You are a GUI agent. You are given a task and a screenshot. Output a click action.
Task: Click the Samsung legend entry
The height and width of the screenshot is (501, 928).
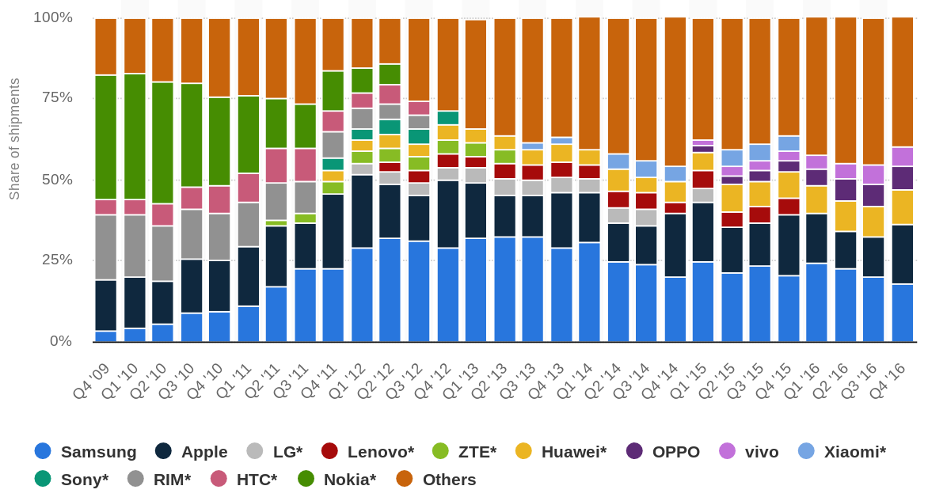coord(86,451)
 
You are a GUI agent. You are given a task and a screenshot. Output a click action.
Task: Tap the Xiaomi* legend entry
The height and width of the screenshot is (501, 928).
coord(842,451)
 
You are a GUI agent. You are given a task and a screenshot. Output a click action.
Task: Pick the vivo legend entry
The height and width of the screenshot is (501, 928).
coord(748,451)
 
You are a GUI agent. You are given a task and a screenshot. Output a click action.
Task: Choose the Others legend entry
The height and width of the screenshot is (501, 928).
coord(436,479)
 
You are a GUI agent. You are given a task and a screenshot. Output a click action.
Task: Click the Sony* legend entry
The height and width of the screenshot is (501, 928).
coord(71,479)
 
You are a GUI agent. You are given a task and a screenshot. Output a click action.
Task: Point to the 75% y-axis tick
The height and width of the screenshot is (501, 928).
coord(56,97)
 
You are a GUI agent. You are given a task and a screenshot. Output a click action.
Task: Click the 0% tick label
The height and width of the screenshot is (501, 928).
coord(61,341)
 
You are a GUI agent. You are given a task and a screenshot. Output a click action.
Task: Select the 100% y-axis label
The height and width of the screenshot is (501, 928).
coord(53,17)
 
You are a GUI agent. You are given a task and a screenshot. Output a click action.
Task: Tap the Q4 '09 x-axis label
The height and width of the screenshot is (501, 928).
coord(91,381)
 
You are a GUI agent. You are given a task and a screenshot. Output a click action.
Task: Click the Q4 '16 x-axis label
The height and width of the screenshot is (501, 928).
coord(887,381)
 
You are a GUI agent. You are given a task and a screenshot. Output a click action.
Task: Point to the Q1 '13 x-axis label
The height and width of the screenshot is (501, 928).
coord(461,381)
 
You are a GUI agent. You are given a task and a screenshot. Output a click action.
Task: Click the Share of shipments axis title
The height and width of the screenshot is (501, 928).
coord(14,139)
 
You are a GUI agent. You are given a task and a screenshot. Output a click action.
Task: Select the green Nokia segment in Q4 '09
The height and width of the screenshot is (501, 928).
coord(105,137)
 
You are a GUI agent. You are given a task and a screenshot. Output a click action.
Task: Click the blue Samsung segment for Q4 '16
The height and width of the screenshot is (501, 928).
coord(902,313)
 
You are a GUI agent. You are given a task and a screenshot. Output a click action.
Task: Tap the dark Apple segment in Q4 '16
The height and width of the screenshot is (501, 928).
coord(902,254)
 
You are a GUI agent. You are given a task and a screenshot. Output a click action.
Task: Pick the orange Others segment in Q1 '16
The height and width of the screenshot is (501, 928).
coord(816,85)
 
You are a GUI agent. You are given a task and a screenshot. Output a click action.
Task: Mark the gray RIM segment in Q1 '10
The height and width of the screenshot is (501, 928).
coord(135,245)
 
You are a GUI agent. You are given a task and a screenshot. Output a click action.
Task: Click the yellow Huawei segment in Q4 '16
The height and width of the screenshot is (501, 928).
coord(902,207)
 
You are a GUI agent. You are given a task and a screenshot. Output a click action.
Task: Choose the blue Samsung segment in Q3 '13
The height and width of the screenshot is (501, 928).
coord(532,289)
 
